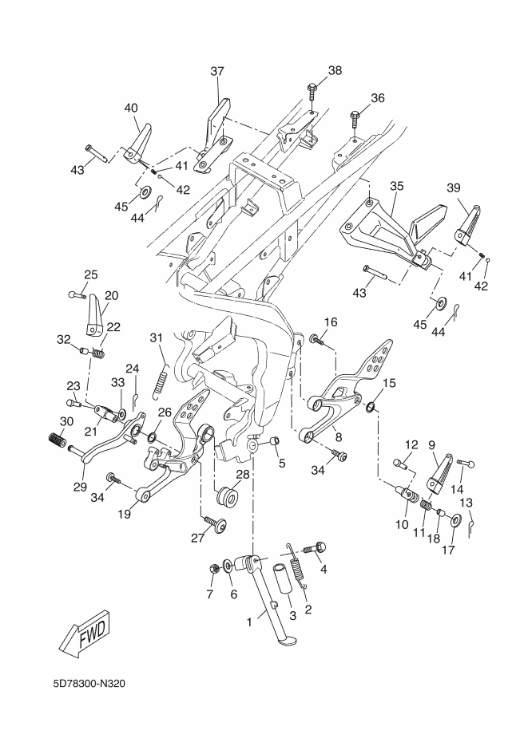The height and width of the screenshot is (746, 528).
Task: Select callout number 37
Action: click(x=217, y=72)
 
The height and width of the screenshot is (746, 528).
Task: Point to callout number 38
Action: click(x=334, y=70)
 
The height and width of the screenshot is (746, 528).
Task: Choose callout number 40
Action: click(x=131, y=108)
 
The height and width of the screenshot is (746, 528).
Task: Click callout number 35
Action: click(x=397, y=186)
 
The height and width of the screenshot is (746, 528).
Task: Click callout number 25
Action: click(x=91, y=274)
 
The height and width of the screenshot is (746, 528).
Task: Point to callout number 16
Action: click(x=330, y=322)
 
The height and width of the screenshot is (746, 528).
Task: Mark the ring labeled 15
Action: click(x=371, y=409)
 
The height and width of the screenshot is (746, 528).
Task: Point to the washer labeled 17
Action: click(x=454, y=522)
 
